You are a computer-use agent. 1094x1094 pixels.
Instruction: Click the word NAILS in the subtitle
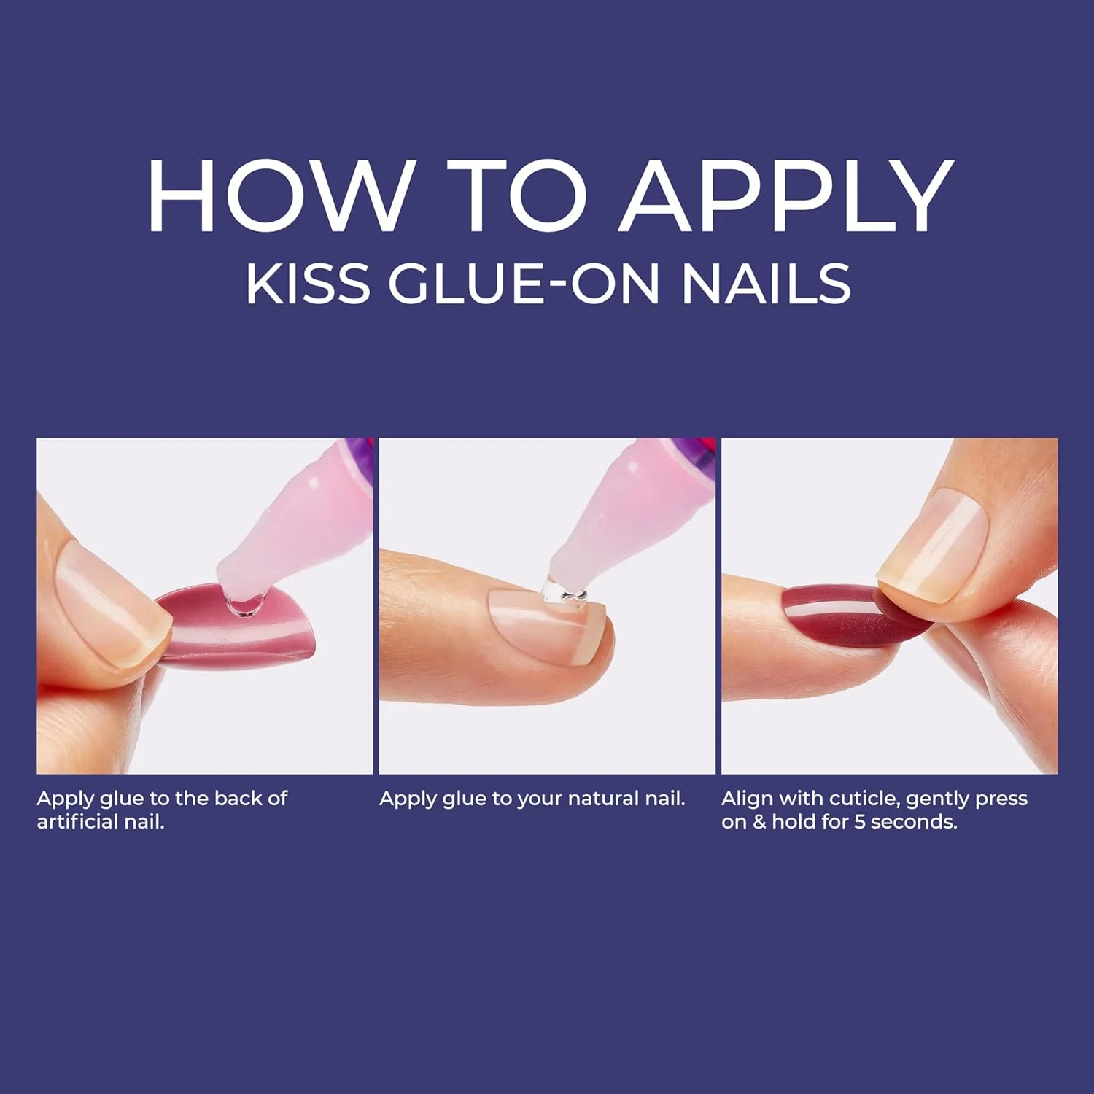click(x=766, y=284)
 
